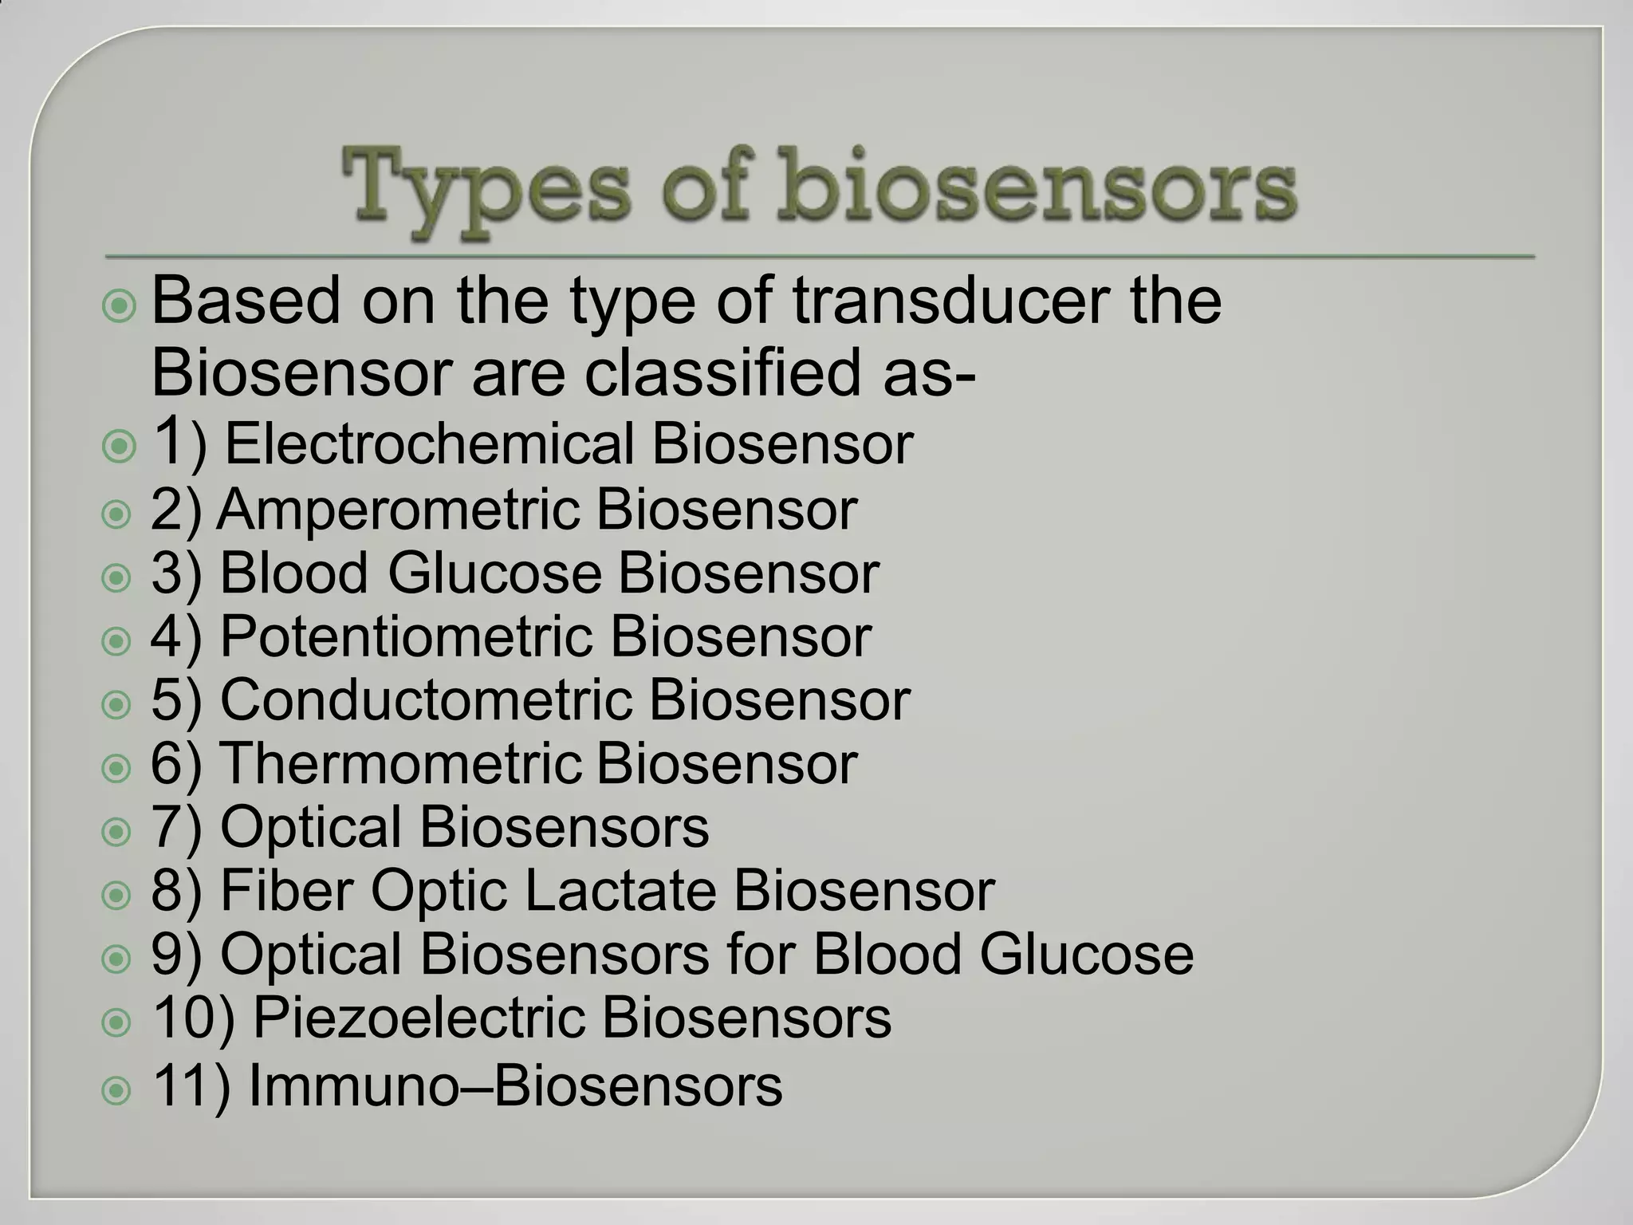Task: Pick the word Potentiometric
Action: click(406, 636)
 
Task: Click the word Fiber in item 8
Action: click(286, 890)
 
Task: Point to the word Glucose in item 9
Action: click(1086, 954)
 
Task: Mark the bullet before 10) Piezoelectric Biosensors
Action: click(117, 1022)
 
